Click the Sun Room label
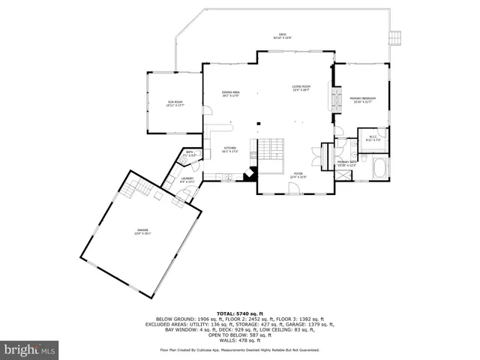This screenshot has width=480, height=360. [175, 103]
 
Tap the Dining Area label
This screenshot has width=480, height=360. [230, 94]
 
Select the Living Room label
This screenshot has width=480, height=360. [301, 88]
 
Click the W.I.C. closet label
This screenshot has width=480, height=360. [373, 138]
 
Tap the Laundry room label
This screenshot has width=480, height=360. [187, 179]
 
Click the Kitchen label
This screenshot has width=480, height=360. [230, 149]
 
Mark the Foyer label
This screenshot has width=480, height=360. [298, 175]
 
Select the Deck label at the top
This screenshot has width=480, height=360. [282, 35]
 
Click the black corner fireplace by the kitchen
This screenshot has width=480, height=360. [253, 174]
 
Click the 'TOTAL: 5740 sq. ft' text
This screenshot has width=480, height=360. [239, 313]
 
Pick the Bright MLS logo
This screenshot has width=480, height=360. [30, 349]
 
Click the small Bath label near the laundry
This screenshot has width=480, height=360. [187, 155]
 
